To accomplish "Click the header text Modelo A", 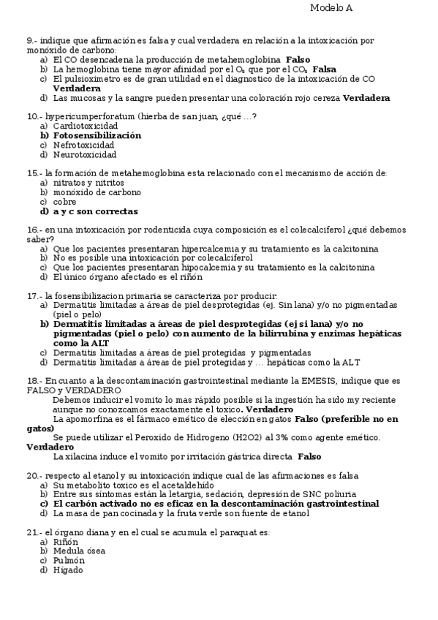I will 331,7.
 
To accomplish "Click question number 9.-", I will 32,40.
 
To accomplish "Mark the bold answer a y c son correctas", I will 95,211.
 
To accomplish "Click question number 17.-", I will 33,296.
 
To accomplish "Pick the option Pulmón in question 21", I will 69,561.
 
